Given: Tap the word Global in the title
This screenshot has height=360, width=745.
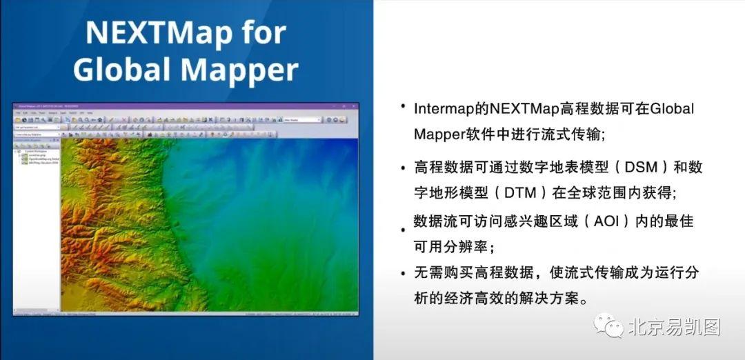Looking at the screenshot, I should [116, 70].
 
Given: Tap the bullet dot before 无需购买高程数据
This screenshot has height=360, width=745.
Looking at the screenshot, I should [402, 274].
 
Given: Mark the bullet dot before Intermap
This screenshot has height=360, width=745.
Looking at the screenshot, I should [402, 107].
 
